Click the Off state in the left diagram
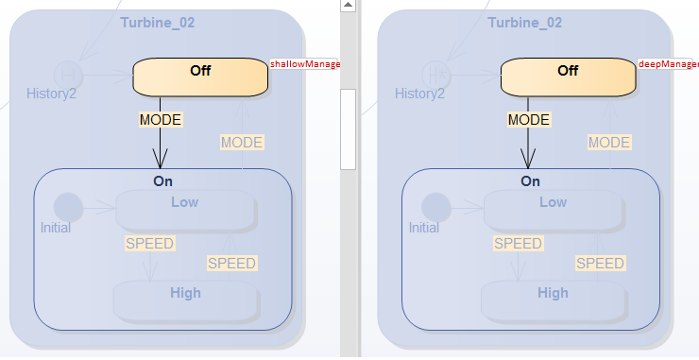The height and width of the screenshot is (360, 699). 200,77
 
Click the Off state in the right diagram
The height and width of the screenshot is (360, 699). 568,77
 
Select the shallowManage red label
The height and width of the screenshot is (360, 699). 305,64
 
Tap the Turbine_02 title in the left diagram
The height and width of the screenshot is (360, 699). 158,22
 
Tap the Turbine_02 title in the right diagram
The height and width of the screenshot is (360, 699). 525,22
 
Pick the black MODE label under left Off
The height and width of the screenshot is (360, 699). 161,120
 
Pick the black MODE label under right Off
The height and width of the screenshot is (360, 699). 529,120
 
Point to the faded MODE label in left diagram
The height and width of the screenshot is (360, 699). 242,143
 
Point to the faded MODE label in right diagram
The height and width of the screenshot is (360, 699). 609,143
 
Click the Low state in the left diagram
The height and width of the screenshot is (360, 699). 185,209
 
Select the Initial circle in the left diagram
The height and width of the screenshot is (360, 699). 68,207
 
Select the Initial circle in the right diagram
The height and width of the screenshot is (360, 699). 435,207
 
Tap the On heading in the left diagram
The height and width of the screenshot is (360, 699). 162,180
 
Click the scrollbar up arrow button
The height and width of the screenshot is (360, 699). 349,7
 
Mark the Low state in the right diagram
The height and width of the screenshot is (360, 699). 554,209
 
